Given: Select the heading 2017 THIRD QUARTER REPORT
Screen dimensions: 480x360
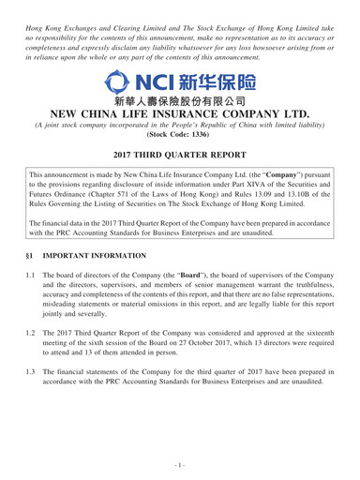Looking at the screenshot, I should tap(180, 199).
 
